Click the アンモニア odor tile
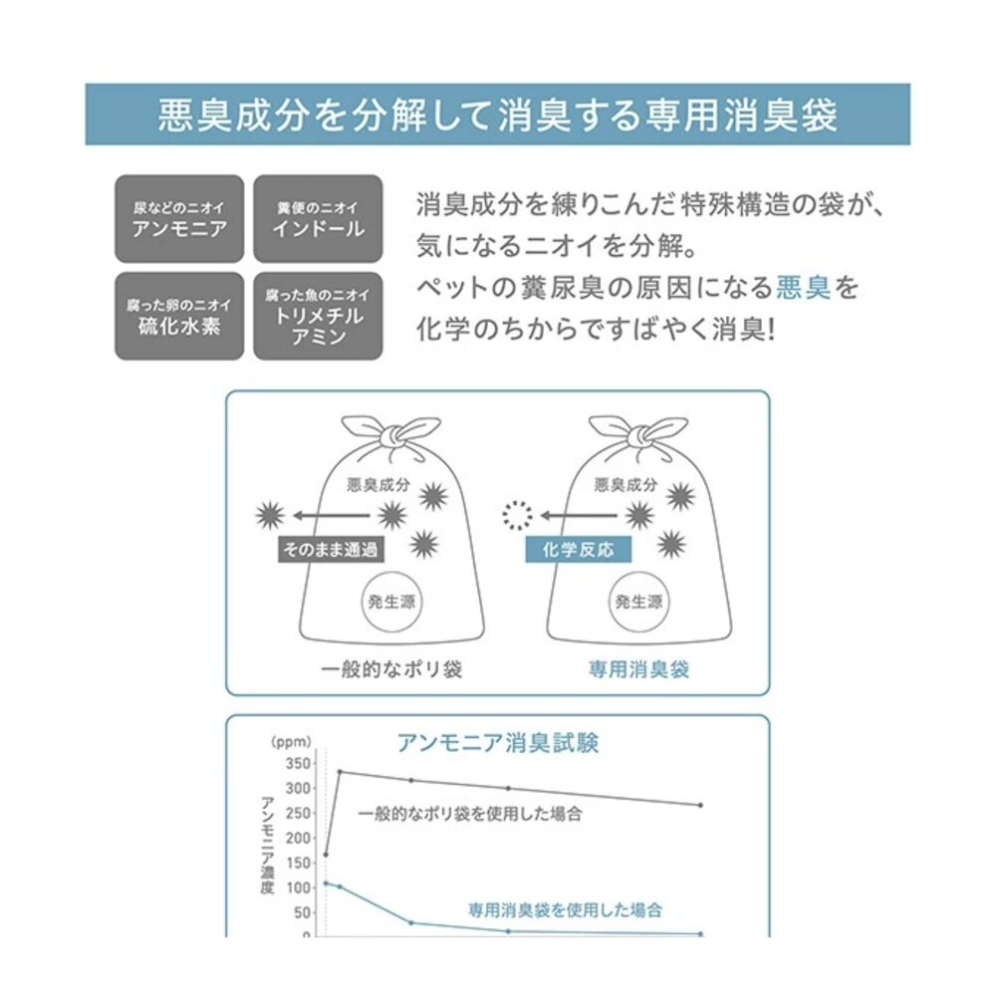179,218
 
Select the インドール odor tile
319,218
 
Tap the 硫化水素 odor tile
179,317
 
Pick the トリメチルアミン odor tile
319,317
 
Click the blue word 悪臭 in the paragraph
803,288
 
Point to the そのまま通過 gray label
331,550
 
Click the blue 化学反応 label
578,550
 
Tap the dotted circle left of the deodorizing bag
518,515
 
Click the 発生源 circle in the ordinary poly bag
391,602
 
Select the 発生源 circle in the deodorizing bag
639,602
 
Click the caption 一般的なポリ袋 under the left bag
391,669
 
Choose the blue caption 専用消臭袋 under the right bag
639,669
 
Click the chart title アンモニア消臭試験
497,743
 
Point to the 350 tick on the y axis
298,763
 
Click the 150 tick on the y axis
298,863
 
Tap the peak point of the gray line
340,772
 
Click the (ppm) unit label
291,742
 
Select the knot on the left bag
390,435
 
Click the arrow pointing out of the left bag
331,515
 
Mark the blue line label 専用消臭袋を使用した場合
566,910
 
